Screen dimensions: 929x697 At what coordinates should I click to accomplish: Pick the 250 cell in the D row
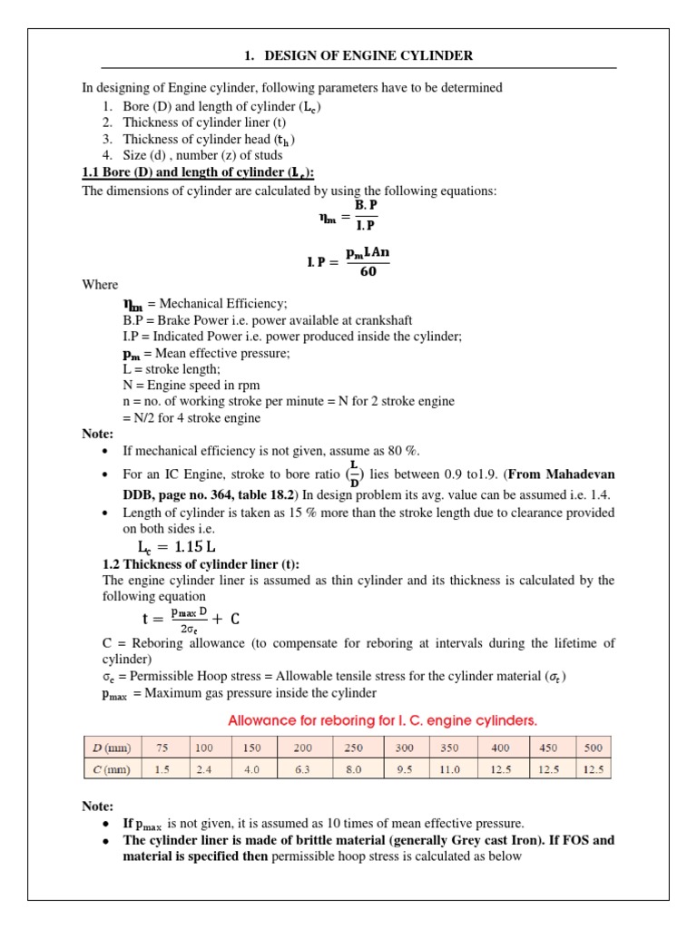(x=353, y=748)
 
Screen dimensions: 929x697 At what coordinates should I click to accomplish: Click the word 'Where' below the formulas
(x=100, y=285)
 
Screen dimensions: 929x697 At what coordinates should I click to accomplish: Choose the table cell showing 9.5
(x=404, y=769)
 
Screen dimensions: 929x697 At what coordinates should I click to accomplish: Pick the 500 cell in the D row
(x=594, y=748)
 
